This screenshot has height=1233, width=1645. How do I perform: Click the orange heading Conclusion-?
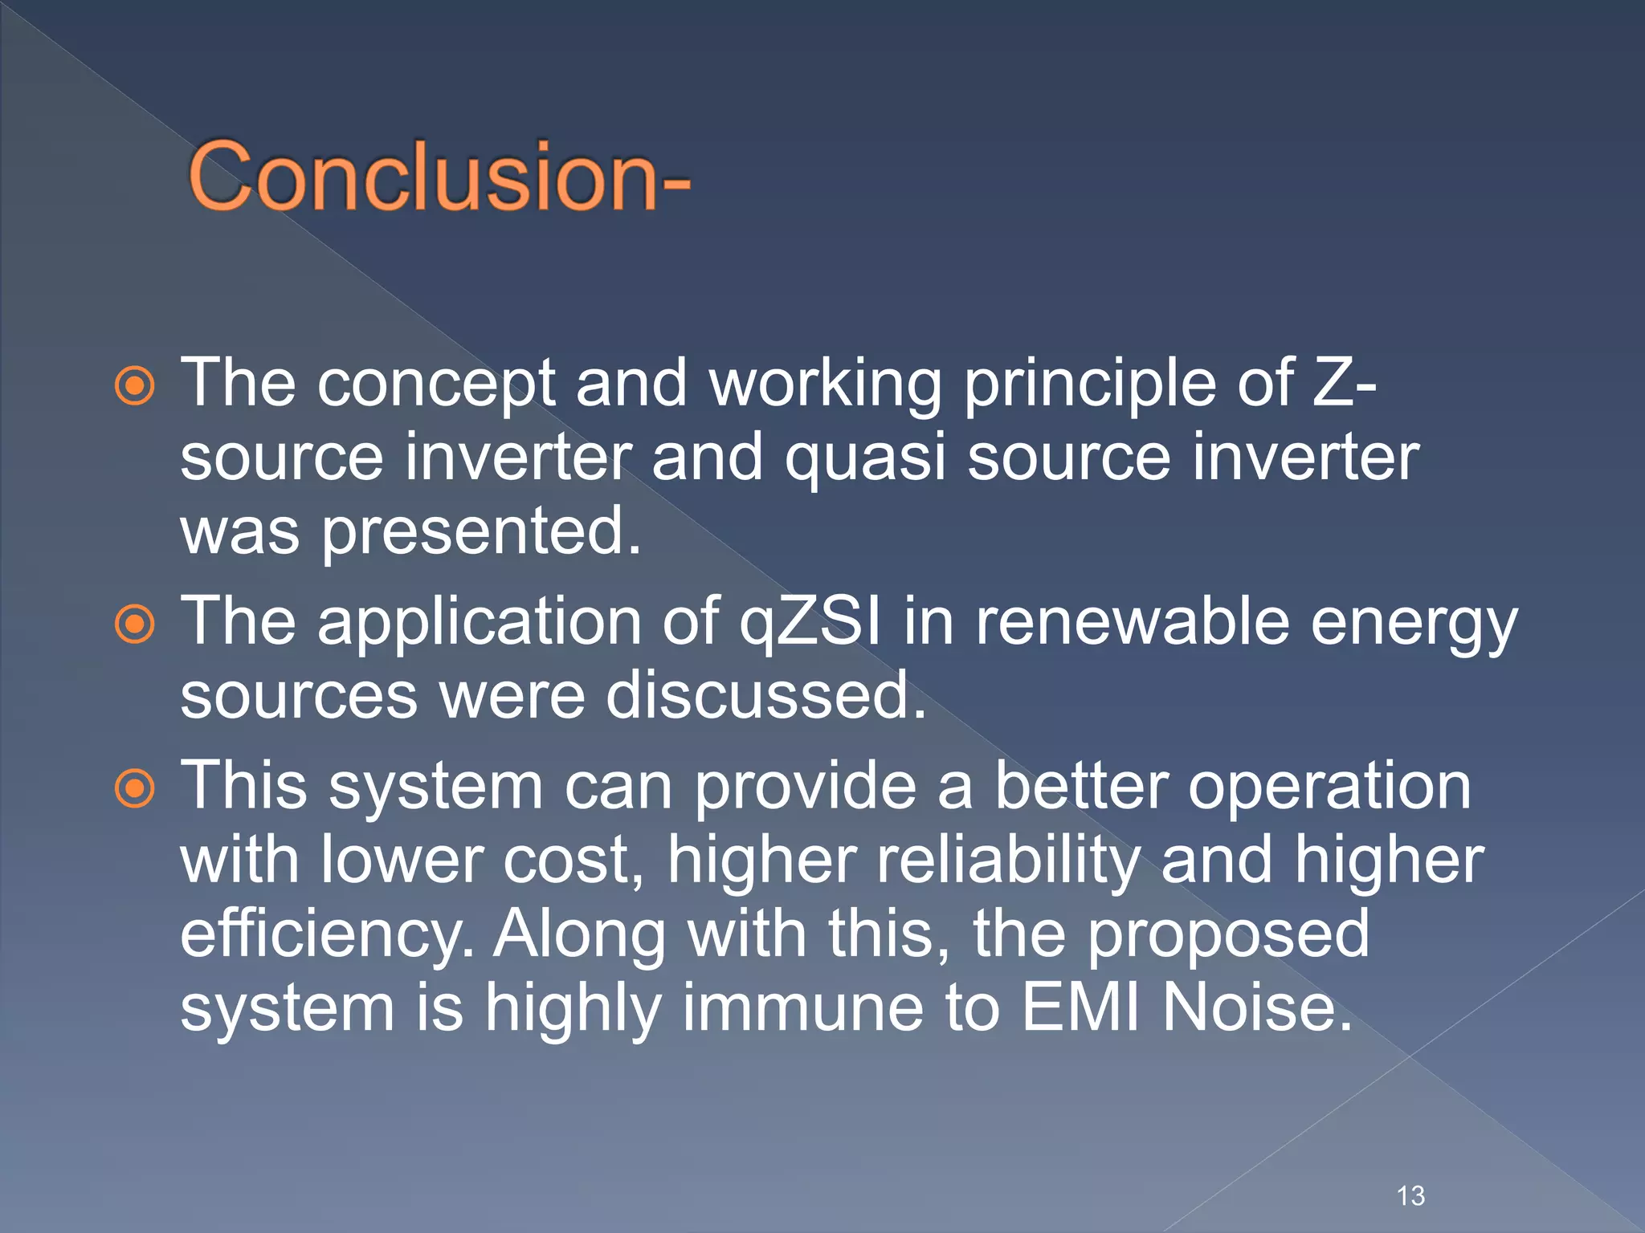tap(439, 177)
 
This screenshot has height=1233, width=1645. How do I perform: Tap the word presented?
tap(481, 531)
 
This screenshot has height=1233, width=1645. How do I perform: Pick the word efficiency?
tap(325, 934)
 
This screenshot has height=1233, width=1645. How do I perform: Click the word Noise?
tap(1257, 1007)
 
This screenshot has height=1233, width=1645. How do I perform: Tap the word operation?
tap(1329, 787)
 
